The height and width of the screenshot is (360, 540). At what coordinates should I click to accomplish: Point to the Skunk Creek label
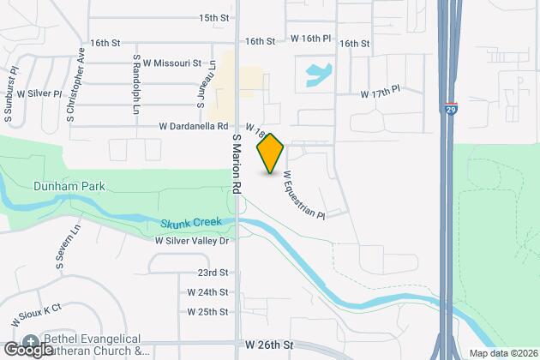tap(190, 223)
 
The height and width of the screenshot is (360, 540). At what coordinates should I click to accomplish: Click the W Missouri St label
tap(171, 63)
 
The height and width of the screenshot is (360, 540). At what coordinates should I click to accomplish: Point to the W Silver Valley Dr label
tap(193, 241)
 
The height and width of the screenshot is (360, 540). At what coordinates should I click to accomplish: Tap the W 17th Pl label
tap(381, 93)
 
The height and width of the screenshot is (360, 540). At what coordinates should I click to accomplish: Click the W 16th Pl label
tap(310, 39)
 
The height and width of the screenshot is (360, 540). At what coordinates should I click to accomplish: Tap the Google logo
tap(27, 349)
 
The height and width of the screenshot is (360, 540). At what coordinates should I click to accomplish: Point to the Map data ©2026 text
tap(502, 353)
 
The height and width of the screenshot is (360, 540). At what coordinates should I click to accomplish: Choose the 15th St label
tap(214, 17)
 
